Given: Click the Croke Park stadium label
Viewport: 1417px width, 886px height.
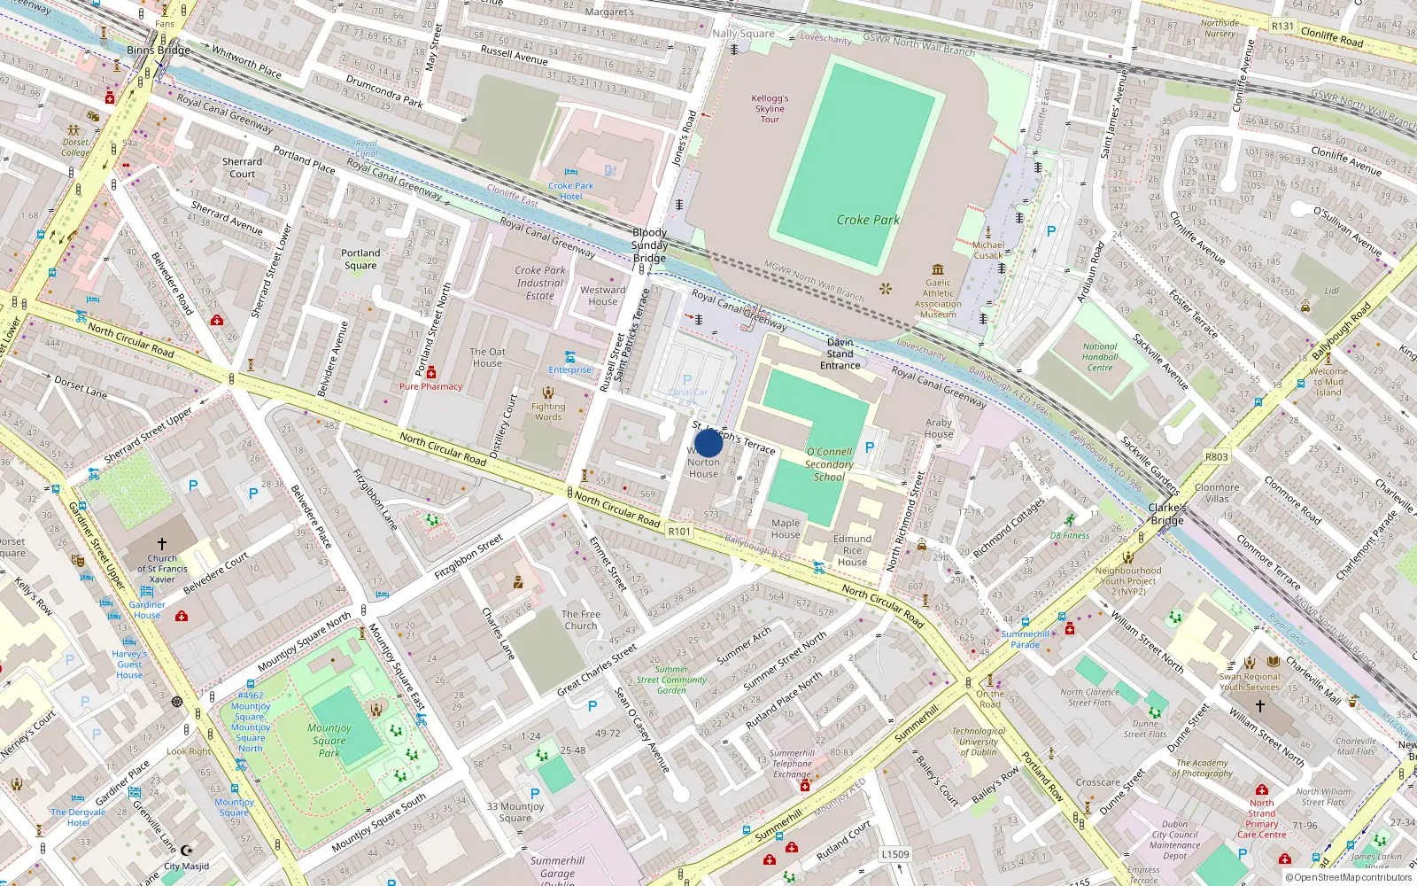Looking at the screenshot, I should click(x=867, y=220).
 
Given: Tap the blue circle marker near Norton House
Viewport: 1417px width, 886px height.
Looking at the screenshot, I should click(x=708, y=443).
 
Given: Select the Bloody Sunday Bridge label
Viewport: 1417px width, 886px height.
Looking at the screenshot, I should click(x=649, y=245).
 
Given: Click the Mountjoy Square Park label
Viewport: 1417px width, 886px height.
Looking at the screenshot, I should click(x=329, y=740).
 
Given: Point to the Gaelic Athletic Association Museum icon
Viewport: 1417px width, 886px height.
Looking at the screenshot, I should click(x=938, y=269).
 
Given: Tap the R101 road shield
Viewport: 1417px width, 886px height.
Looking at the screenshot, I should click(x=679, y=532).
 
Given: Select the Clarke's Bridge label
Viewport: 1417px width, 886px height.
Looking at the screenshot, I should click(x=1167, y=514).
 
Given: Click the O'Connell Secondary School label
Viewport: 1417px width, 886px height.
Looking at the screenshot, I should click(x=829, y=464).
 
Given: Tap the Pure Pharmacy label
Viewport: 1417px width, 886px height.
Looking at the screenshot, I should click(x=430, y=386).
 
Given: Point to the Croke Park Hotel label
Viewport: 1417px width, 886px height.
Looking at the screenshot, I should click(x=570, y=190).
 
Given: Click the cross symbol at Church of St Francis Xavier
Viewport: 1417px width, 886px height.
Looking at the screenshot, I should click(x=162, y=543).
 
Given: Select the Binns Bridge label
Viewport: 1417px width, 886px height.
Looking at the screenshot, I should click(x=159, y=51).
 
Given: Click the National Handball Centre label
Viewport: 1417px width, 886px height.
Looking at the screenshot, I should click(x=1100, y=357).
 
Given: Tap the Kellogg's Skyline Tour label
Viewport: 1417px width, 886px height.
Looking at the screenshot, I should click(x=770, y=109).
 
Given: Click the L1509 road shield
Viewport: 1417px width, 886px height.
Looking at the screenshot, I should click(x=894, y=855).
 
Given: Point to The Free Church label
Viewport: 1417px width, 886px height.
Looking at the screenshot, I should click(x=581, y=619).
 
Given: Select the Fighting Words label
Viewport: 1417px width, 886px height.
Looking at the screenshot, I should click(x=548, y=412).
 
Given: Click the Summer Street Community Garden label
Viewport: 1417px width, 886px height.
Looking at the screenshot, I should click(x=671, y=680).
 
